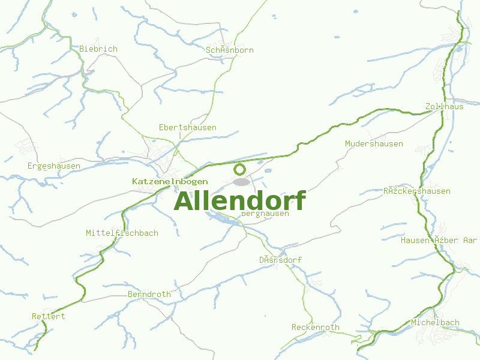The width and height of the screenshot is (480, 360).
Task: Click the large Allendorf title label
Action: pos(240,201)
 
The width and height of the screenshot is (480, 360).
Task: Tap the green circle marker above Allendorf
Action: pos(239,169)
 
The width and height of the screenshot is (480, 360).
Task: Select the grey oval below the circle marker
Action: pos(241,182)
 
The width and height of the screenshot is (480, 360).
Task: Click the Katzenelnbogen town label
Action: pos(170,181)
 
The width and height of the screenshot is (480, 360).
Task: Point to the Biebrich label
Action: pos(98,49)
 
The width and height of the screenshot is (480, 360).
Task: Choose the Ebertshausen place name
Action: pos(187,128)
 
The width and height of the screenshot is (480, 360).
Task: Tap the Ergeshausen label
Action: pos(54,166)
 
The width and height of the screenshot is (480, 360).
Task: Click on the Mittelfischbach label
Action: pos(122,233)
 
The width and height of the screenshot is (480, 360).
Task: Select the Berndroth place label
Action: pos(149,295)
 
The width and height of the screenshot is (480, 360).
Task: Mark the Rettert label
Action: pos(48,316)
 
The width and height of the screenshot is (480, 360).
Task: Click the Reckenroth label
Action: pos(315,328)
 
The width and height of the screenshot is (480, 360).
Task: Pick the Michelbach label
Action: pos(435,323)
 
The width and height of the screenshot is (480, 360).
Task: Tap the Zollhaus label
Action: pos(444,106)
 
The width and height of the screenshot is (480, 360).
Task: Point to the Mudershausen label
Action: pos(374,144)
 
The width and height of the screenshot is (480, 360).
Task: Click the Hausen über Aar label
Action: pos(439,241)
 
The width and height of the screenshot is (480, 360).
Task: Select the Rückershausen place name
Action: pos(416,191)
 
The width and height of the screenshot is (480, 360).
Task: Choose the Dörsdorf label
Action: pos(280,260)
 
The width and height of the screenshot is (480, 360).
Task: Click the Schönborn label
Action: pos(229,50)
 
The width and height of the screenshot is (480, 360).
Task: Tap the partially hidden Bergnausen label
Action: pos(266,214)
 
